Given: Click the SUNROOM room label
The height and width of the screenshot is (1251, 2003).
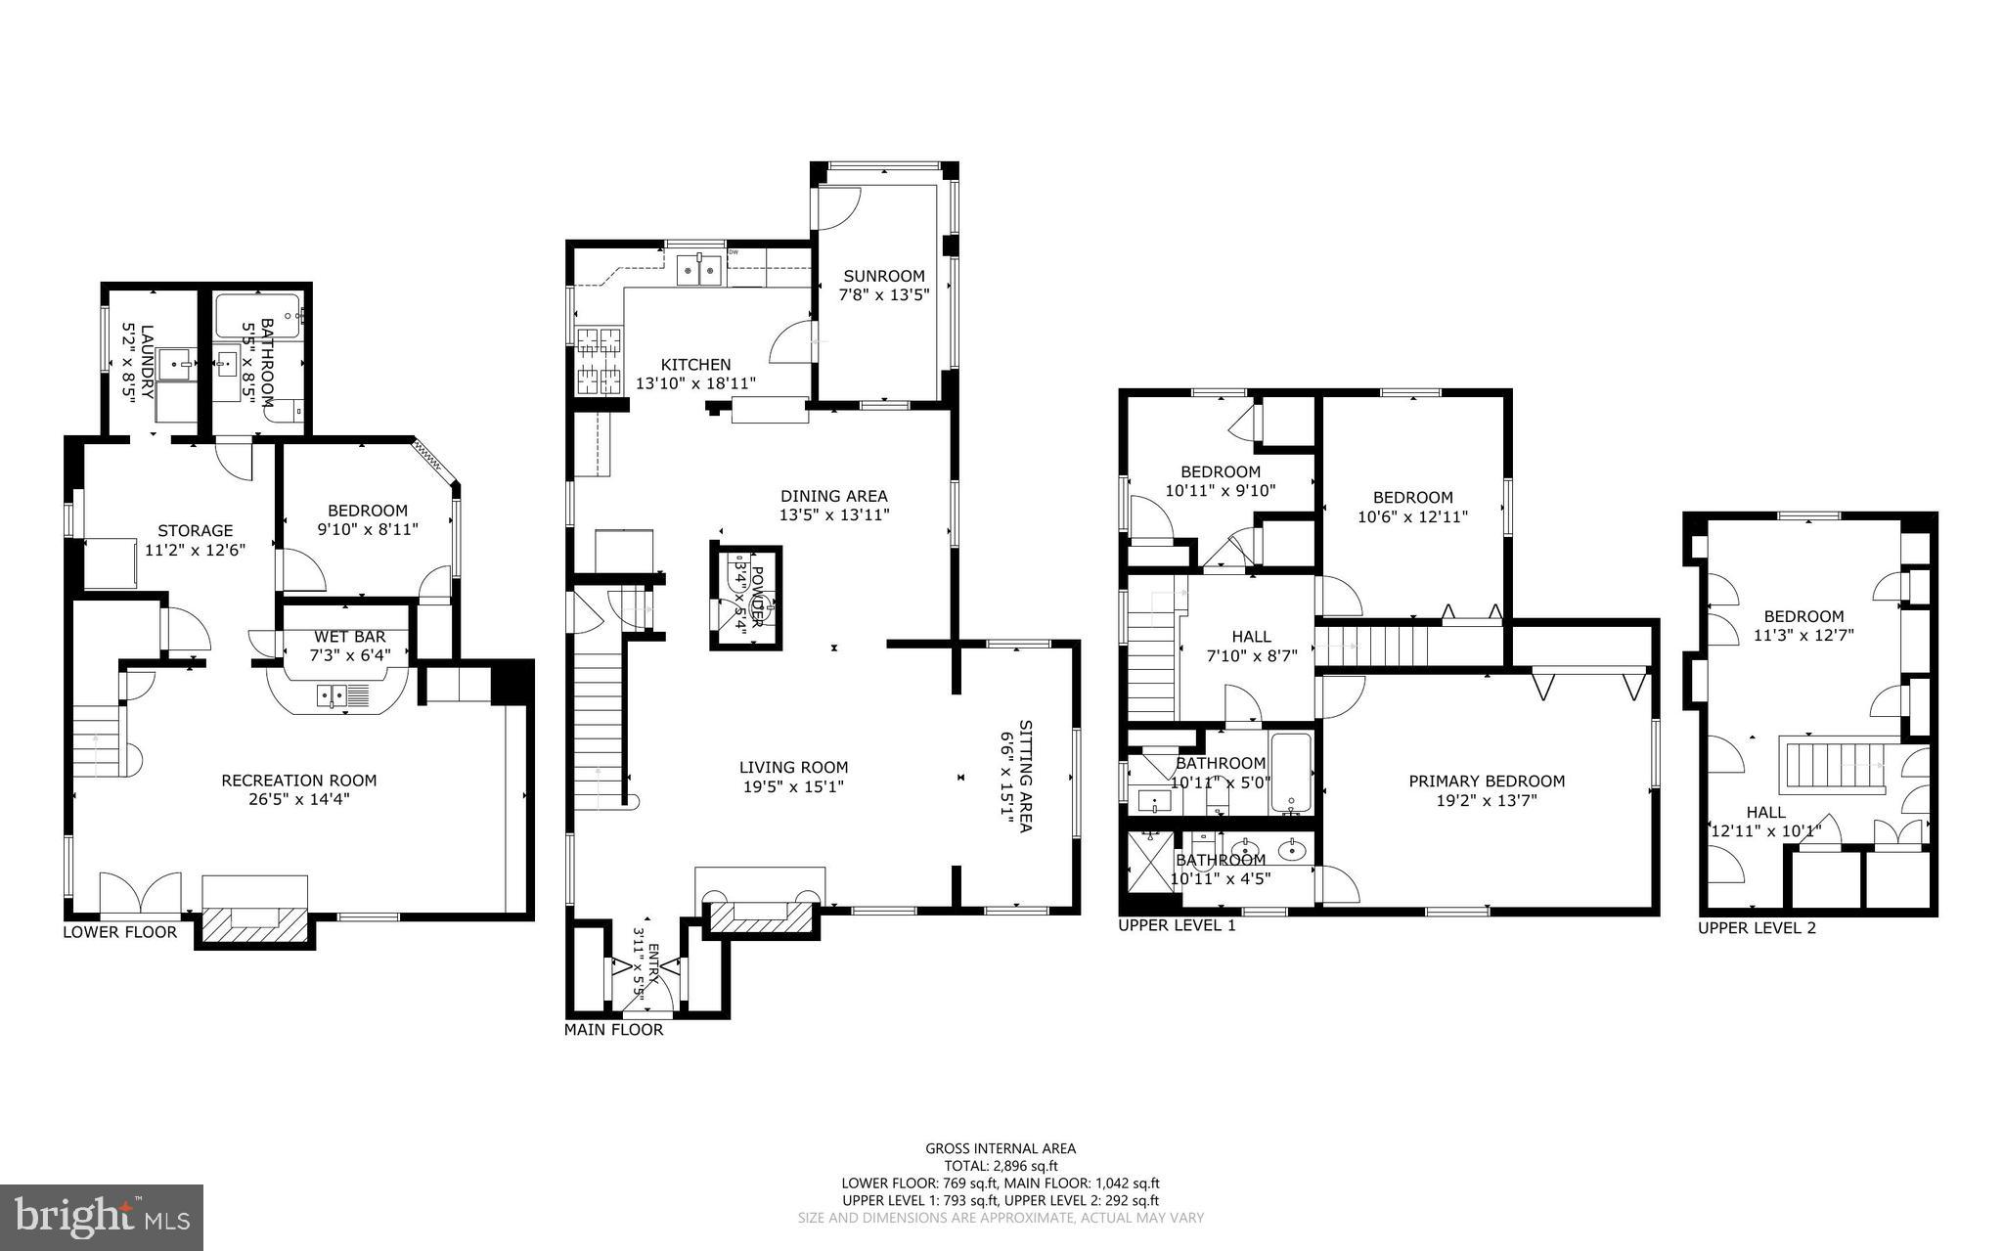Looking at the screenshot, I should [x=883, y=276].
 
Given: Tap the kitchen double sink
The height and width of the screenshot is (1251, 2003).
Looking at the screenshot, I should [x=699, y=269].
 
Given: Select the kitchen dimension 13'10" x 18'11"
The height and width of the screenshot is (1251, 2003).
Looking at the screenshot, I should [x=695, y=383].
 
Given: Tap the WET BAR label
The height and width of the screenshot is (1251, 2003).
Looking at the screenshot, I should [x=349, y=637].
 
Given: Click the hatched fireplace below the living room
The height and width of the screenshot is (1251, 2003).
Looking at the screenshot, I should [x=762, y=917].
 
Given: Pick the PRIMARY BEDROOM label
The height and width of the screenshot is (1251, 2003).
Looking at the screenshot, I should [x=1486, y=781].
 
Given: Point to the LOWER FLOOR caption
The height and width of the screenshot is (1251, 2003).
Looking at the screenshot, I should [x=119, y=931].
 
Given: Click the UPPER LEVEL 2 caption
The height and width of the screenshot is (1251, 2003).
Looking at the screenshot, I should [x=1756, y=927].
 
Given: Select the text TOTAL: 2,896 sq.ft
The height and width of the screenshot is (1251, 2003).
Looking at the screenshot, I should [x=1001, y=1166].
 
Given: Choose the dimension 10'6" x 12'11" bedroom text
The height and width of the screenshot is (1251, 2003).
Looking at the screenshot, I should [x=1412, y=516].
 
